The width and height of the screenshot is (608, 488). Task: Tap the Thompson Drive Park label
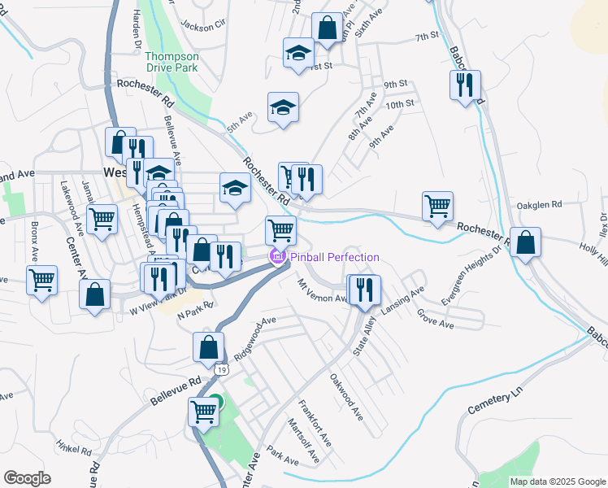[x=172, y=63]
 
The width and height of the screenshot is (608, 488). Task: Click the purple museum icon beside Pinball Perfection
[x=276, y=258]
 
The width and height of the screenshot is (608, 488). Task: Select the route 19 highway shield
[x=221, y=369]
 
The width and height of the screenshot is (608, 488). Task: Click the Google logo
[x=27, y=478]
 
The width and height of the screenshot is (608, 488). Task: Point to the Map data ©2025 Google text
[x=557, y=481]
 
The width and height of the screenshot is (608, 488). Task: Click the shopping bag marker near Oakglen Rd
[x=526, y=242]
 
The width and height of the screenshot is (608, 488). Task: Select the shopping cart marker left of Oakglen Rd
[x=437, y=205]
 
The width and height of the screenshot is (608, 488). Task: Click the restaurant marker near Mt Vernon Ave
[x=363, y=289]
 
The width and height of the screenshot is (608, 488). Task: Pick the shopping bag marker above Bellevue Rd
[x=209, y=346]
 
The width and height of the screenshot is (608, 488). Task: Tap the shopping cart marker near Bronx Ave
[x=41, y=279]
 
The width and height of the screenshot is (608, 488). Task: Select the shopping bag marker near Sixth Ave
[x=327, y=27]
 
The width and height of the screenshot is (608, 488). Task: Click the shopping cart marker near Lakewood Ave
[x=102, y=218]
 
